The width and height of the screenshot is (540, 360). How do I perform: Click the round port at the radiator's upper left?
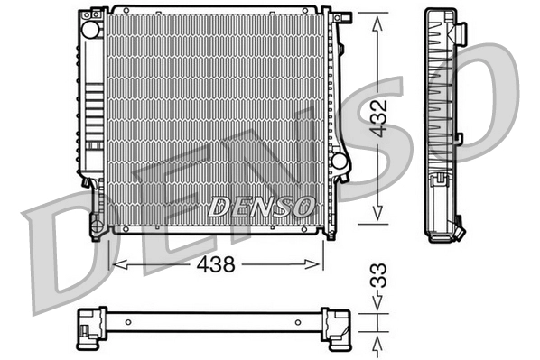point(90,28)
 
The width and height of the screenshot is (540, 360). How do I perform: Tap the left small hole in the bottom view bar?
point(128,321)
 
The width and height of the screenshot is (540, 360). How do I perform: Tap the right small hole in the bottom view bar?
point(303,321)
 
